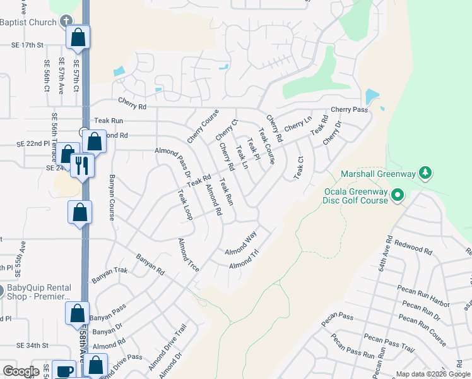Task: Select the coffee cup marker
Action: pyautogui.click(x=63, y=370)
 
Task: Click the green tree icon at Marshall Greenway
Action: pyautogui.click(x=426, y=172)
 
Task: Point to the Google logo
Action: pyautogui.click(x=21, y=371)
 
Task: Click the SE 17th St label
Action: pyautogui.click(x=27, y=45)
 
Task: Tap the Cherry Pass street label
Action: pyautogui.click(x=349, y=109)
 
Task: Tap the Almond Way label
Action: pyautogui.click(x=241, y=243)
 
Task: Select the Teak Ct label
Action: pyautogui.click(x=298, y=167)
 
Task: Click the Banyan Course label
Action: pyautogui.click(x=112, y=197)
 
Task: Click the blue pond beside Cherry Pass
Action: pyautogui.click(x=372, y=97)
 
